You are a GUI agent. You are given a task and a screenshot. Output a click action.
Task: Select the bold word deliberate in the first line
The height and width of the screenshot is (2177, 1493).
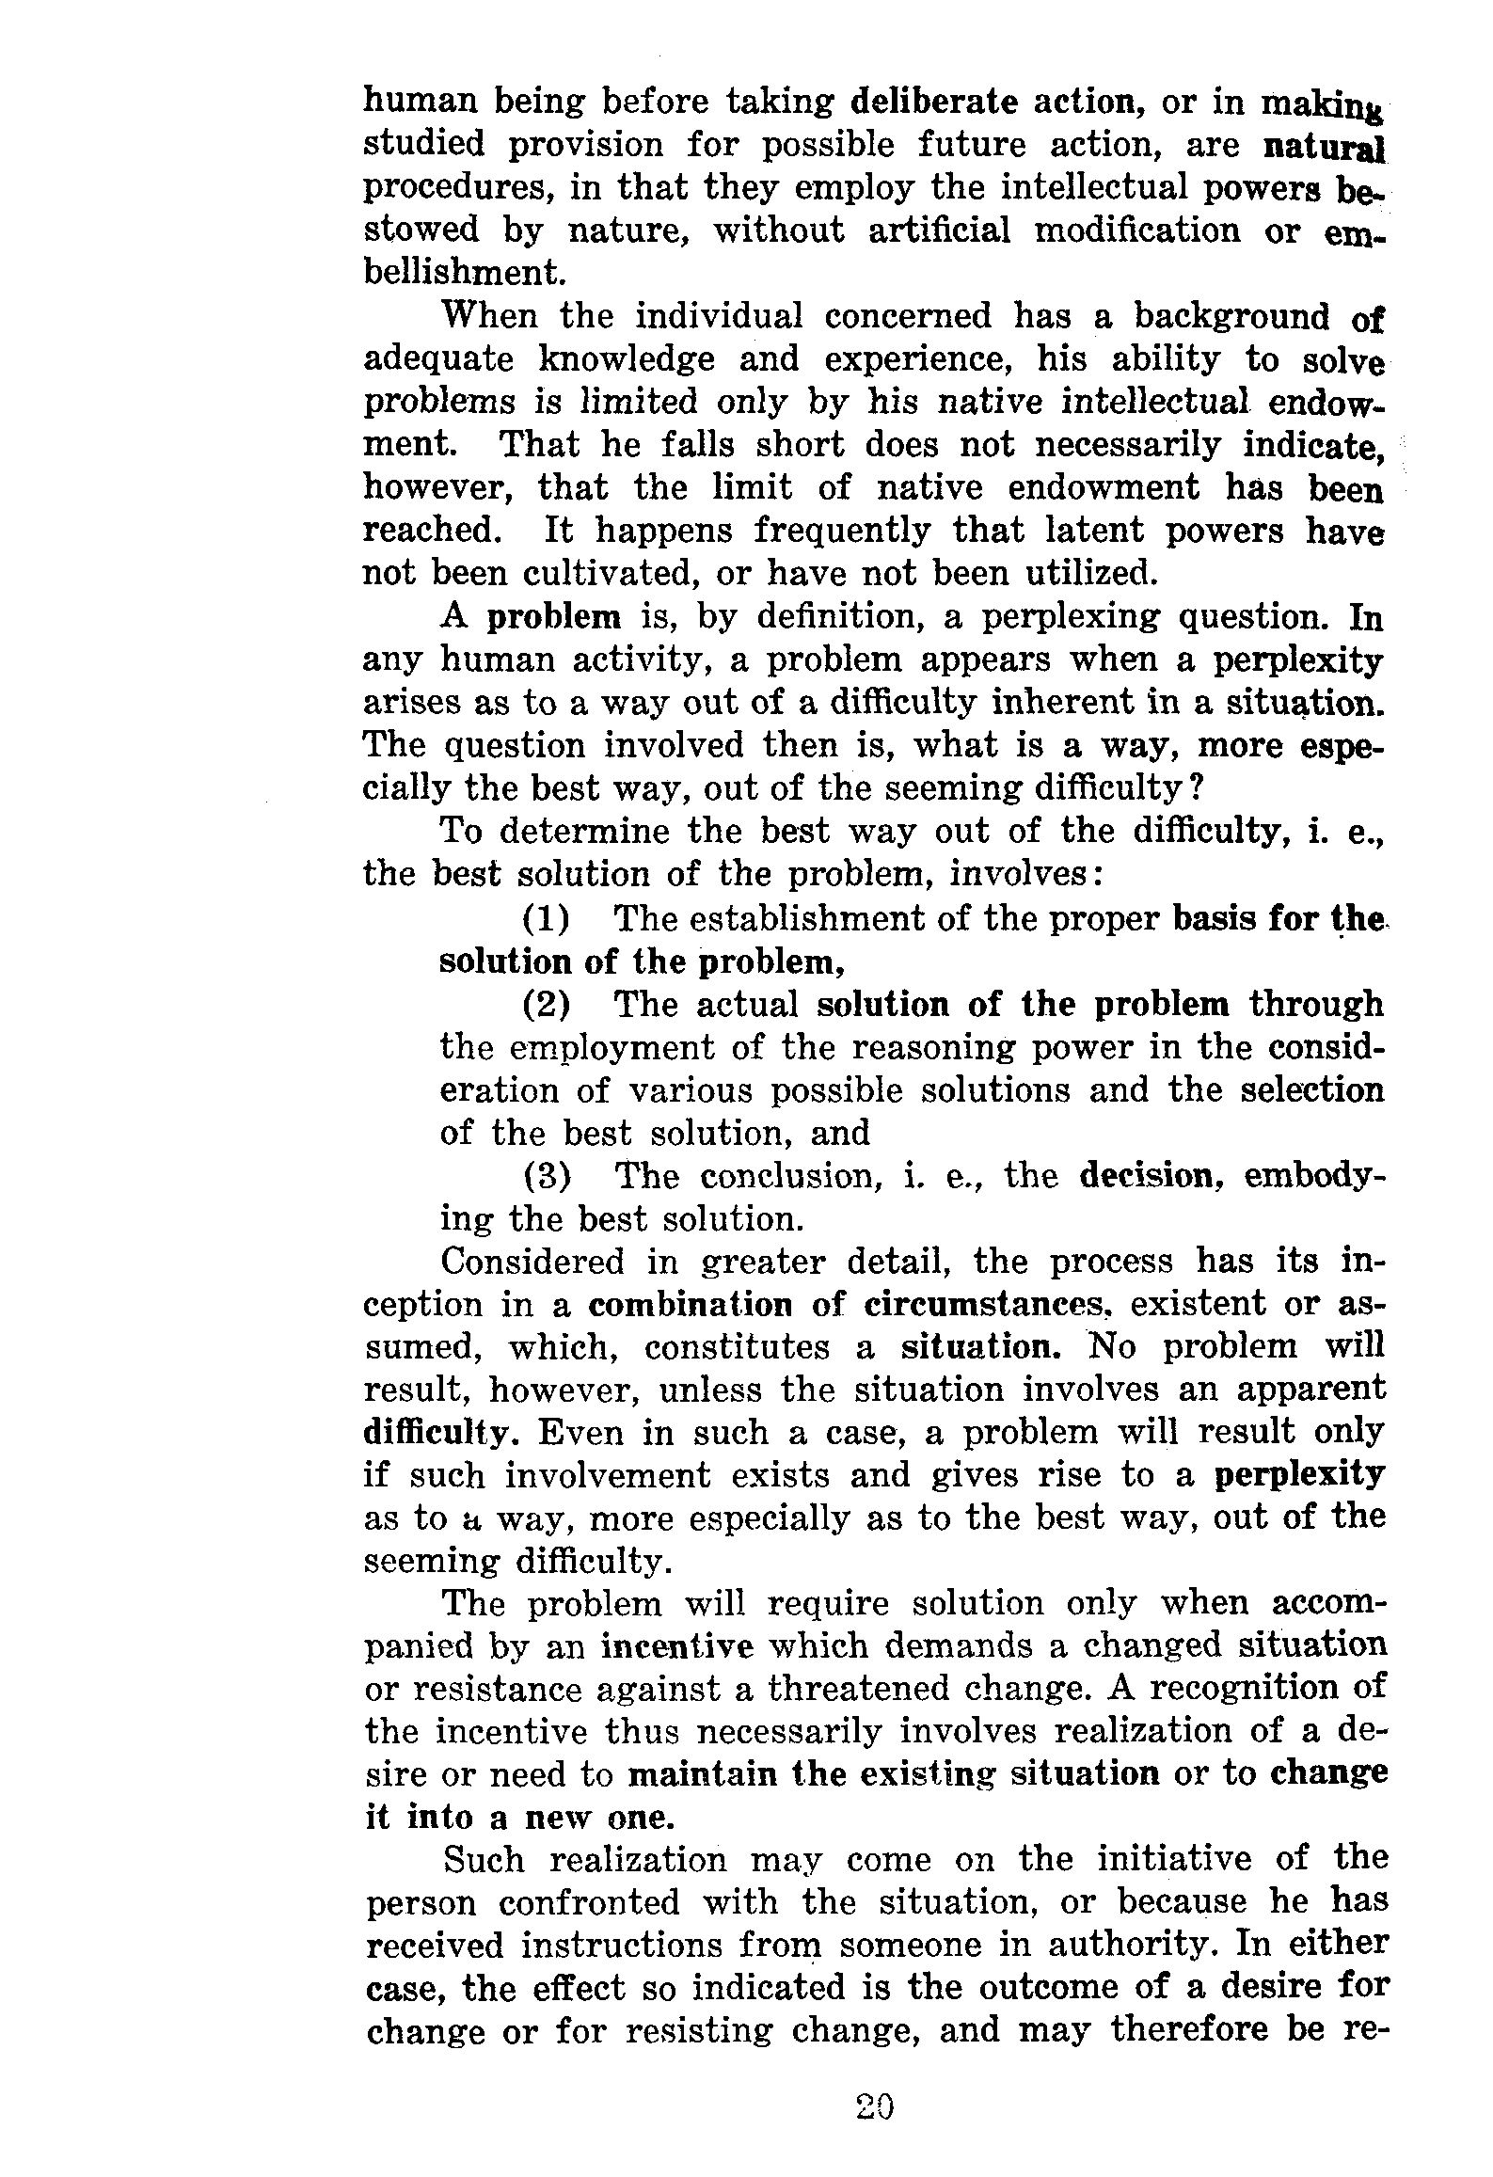tap(931, 101)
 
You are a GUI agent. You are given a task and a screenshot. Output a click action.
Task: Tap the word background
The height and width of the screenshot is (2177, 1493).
tap(1231, 316)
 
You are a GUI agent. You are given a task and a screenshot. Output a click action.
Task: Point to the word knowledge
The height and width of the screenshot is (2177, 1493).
tap(627, 360)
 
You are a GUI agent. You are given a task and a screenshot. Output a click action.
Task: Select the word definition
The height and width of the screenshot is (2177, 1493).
tap(836, 617)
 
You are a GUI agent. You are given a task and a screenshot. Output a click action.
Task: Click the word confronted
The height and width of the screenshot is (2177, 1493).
tap(589, 1903)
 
